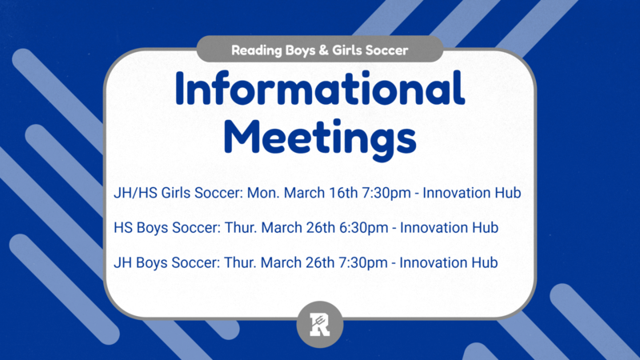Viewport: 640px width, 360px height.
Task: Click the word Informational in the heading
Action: [320, 90]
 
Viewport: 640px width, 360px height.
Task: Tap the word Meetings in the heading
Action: [320, 137]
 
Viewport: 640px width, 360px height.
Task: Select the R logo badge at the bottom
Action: [320, 325]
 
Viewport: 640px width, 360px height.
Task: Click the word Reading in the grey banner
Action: [256, 50]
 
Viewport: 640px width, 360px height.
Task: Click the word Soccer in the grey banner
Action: [386, 50]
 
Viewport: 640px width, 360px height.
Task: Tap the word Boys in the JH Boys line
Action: [153, 262]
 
